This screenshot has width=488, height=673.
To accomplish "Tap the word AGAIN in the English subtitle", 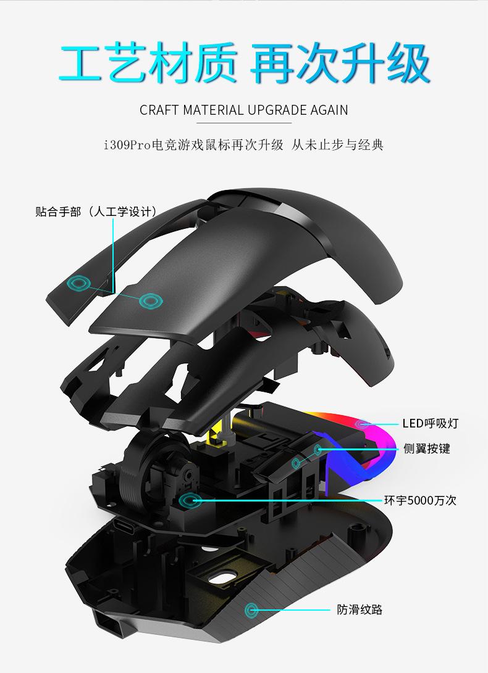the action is (x=329, y=110).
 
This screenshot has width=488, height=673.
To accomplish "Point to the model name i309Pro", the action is (x=128, y=146).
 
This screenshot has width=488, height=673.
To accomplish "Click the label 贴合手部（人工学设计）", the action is (x=96, y=212).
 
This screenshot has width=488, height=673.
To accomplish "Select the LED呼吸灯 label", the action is (x=431, y=424).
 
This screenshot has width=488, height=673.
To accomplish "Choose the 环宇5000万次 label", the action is (x=420, y=500).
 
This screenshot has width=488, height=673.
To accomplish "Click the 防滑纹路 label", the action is (x=360, y=609).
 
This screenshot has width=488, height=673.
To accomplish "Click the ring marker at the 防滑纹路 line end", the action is (x=252, y=609).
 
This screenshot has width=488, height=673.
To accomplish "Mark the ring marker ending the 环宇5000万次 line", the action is (x=187, y=499).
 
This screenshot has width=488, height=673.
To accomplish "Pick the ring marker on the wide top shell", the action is (x=150, y=300).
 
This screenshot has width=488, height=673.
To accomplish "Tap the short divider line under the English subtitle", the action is (x=244, y=123).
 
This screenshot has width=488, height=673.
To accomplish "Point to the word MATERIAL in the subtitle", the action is (x=212, y=110).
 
